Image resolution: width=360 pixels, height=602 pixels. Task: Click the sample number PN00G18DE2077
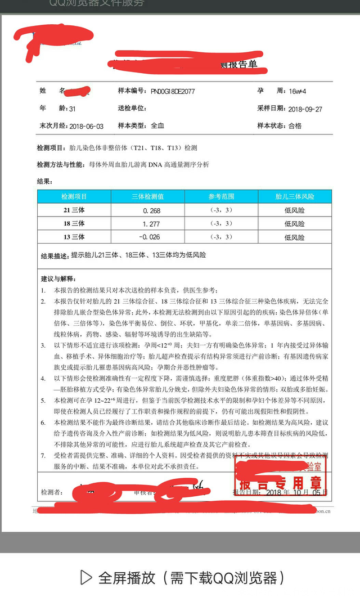[x=173, y=91]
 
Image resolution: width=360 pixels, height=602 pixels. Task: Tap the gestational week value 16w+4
[x=296, y=91]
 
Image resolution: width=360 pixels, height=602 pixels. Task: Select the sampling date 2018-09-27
[x=305, y=109]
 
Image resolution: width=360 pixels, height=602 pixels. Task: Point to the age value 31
[x=71, y=109]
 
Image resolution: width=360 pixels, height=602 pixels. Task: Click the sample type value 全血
[x=157, y=125]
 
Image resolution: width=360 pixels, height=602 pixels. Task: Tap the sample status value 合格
[x=295, y=125]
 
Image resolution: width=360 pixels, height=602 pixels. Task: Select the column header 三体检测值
[x=147, y=197]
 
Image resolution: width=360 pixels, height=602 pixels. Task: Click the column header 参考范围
[x=221, y=197]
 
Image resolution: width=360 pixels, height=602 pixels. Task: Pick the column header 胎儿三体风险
[x=294, y=197]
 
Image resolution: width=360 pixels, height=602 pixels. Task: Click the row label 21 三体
[x=74, y=210]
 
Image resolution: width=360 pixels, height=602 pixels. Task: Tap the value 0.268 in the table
[x=151, y=210]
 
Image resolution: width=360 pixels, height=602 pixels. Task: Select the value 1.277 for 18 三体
[x=151, y=224]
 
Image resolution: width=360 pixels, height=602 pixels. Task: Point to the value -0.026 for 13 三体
[x=150, y=237]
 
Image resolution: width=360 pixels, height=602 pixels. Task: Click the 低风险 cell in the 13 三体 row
[x=294, y=237]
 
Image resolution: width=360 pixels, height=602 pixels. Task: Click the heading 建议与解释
[x=58, y=278]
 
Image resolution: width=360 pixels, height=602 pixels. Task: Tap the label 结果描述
[x=55, y=256]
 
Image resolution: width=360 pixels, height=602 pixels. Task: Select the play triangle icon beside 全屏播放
[x=86, y=577]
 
